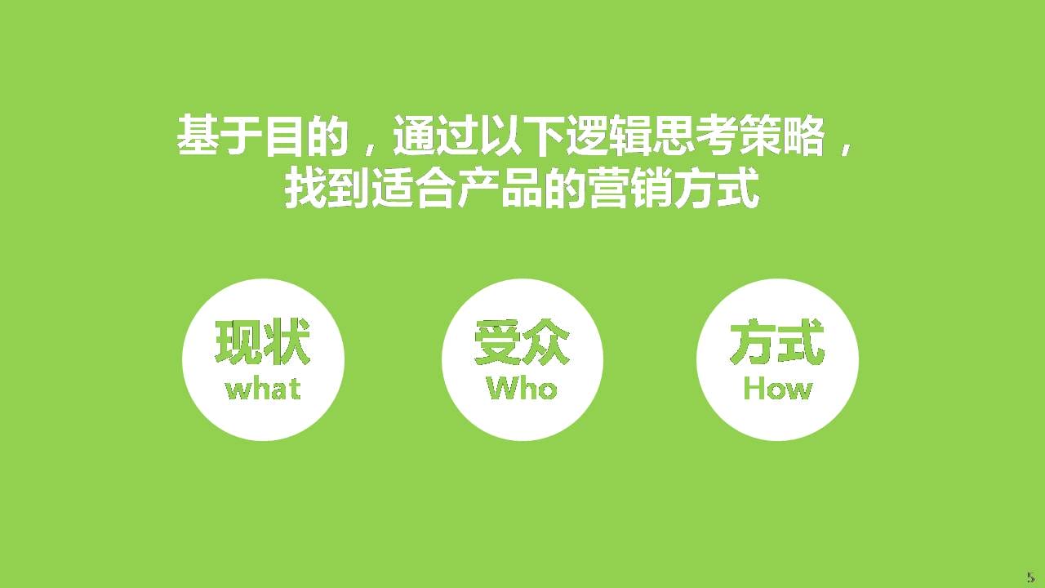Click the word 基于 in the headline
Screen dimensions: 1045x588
point(220,136)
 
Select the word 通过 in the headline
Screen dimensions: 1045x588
point(436,136)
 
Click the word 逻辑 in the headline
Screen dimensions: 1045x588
point(608,136)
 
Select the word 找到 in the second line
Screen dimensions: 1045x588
point(327,188)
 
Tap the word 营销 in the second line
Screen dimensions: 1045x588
point(629,188)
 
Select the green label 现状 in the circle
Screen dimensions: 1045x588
point(263,342)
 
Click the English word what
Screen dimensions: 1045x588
point(263,390)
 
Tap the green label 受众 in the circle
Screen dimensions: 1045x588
point(522,342)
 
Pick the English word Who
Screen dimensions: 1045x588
point(522,389)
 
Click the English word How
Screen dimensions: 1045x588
point(778,389)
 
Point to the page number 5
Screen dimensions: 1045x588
point(1030,577)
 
